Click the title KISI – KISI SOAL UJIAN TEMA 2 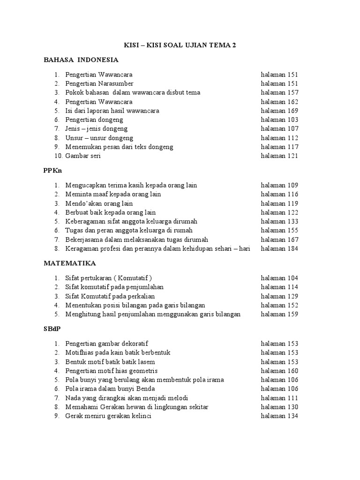click(180, 45)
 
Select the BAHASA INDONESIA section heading click(81, 60)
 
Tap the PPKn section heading click(53, 171)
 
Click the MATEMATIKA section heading click(70, 263)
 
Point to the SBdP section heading click(52, 329)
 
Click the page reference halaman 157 click(279, 93)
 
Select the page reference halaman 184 click(279, 248)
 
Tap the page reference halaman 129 click(279, 296)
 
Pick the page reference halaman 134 click(279, 416)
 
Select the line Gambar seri click(83, 156)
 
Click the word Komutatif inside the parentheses click(134, 278)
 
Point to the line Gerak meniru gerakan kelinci click(108, 416)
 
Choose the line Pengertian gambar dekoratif click(106, 344)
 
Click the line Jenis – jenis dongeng click(96, 129)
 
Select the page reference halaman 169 click(279, 111)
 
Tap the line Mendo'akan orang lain click(99, 203)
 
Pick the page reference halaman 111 click(279, 398)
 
